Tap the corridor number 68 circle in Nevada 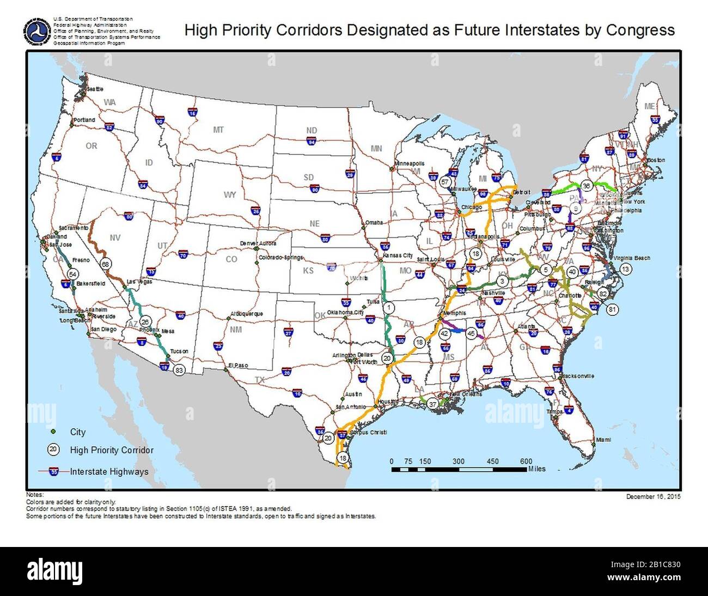tap(106, 264)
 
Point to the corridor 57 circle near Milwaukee tap(445, 181)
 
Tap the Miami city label tap(603, 439)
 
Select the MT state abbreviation tap(218, 130)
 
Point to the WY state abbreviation tap(230, 194)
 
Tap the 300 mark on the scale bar tap(459, 461)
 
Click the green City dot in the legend tap(53, 431)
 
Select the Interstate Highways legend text tap(109, 472)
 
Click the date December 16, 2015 tap(653, 496)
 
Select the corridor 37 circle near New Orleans tap(432, 404)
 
